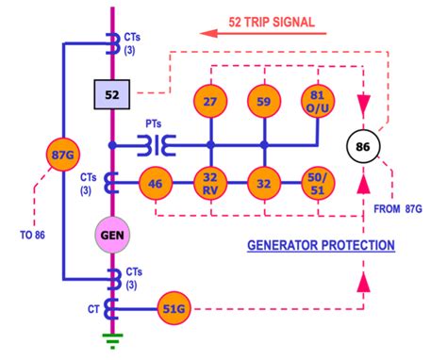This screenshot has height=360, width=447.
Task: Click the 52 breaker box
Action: tap(112, 95)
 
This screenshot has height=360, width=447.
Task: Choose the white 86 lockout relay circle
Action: tap(363, 147)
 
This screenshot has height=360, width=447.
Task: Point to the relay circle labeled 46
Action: tap(157, 183)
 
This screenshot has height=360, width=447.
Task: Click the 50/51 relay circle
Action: tap(318, 183)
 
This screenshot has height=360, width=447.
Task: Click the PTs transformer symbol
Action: tap(155, 146)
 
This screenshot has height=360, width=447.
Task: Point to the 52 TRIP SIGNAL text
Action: tap(271, 21)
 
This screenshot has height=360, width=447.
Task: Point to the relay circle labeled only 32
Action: tap(264, 183)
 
